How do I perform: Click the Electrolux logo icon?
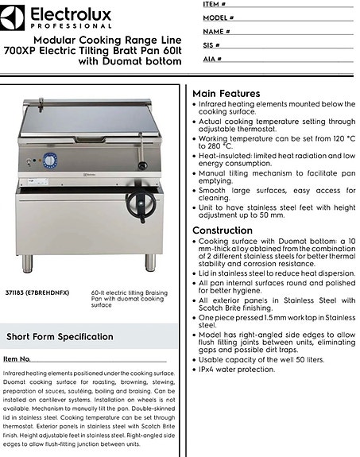click(15, 14)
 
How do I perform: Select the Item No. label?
click(17, 360)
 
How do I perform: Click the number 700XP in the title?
click(18, 49)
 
